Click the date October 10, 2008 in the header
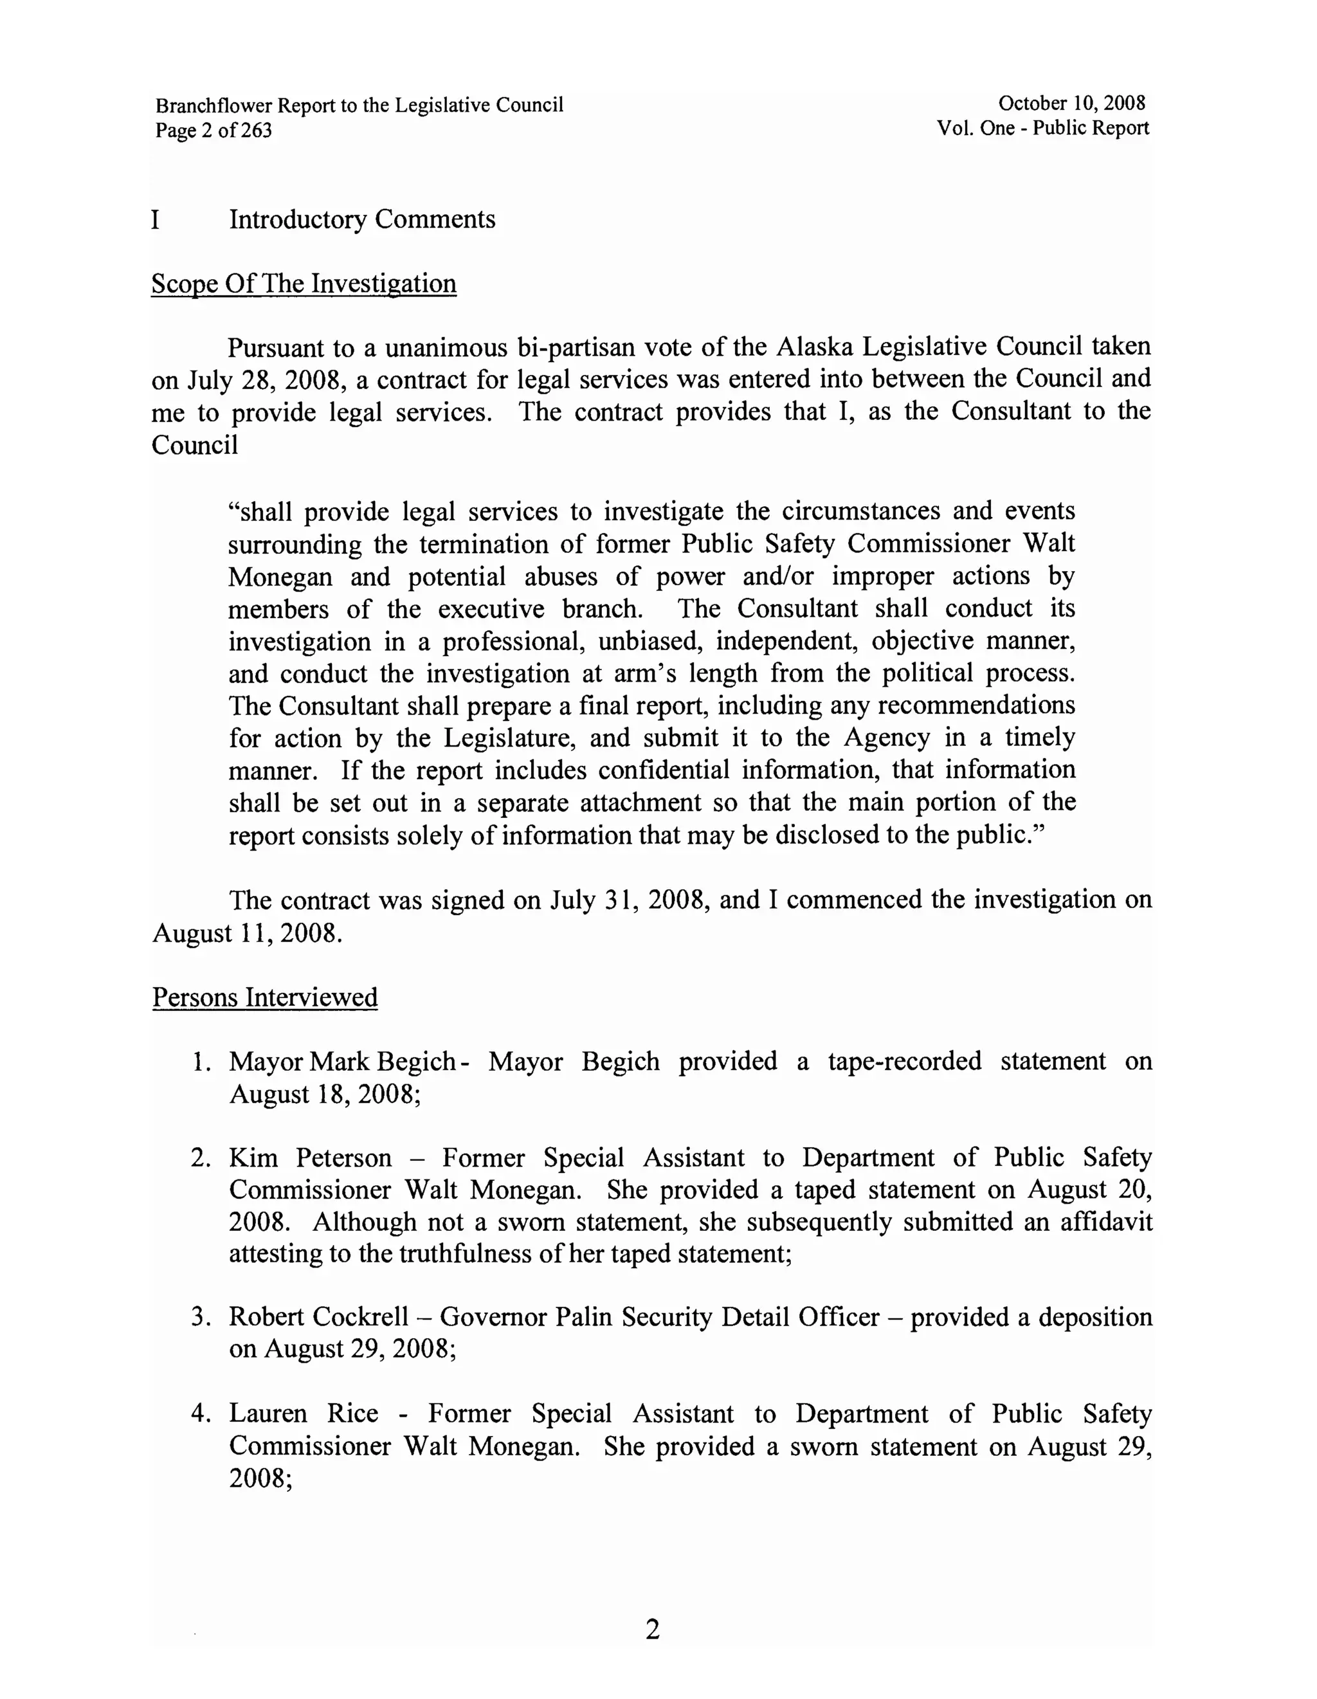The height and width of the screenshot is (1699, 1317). (1071, 103)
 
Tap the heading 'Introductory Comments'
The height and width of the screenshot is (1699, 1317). (362, 219)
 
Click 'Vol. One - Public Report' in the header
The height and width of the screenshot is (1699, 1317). (1042, 129)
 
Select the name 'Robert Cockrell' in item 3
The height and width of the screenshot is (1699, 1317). (318, 1316)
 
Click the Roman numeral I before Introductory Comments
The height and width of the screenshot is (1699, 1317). (156, 219)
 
